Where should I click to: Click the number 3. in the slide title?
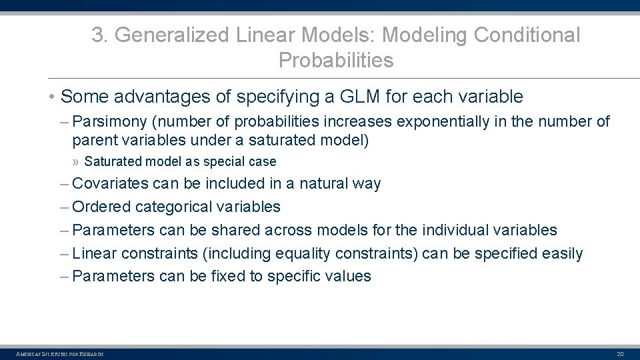[99, 35]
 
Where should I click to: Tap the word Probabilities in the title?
[336, 61]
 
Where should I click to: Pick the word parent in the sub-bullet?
[91, 141]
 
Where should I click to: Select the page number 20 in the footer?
[619, 353]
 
